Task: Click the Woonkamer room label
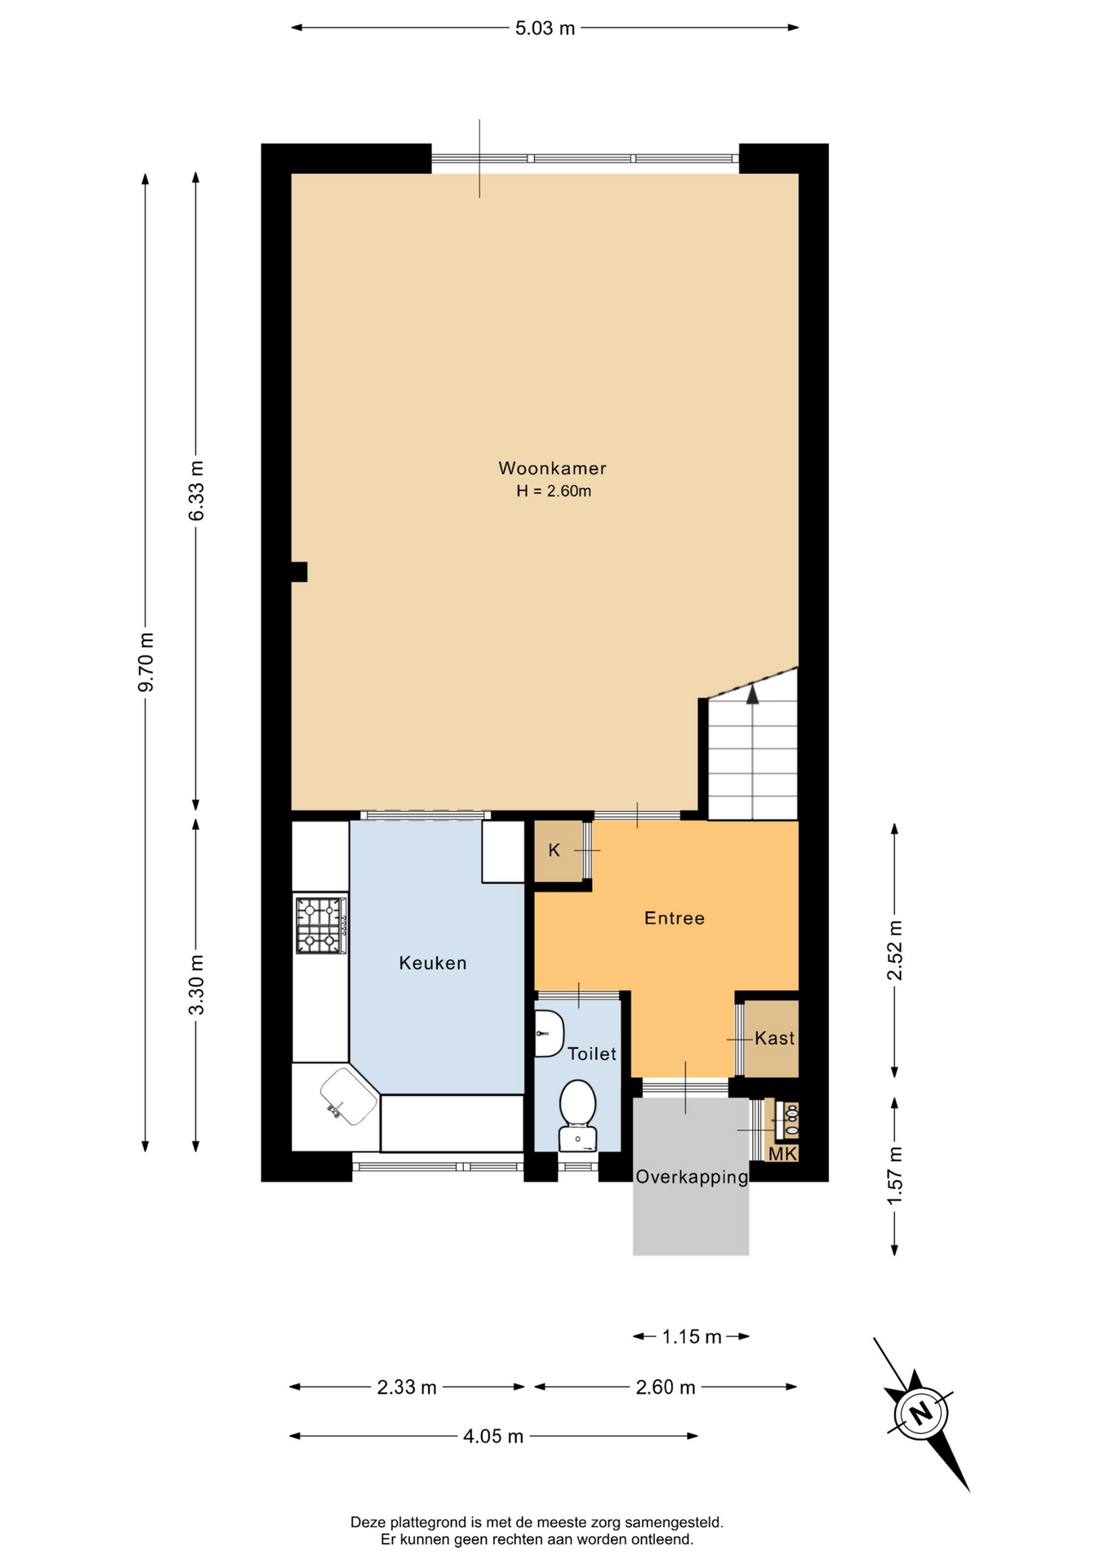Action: click(x=552, y=469)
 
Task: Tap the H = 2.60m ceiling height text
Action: click(x=554, y=491)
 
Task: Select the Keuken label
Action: click(x=433, y=963)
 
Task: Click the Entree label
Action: click(x=675, y=918)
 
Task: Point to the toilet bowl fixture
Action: click(x=578, y=1115)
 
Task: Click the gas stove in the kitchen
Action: click(x=321, y=925)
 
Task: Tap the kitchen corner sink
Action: click(x=349, y=1096)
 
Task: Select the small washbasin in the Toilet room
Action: click(x=548, y=1033)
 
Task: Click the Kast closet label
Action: click(x=774, y=1038)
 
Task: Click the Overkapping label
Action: click(x=692, y=1177)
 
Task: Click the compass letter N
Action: click(x=922, y=1413)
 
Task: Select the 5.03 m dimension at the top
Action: click(x=545, y=29)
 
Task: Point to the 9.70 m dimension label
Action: click(x=145, y=662)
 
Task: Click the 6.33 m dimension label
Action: click(x=196, y=491)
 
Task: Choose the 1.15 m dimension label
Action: click(x=692, y=1337)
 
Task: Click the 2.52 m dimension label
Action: click(x=895, y=950)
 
